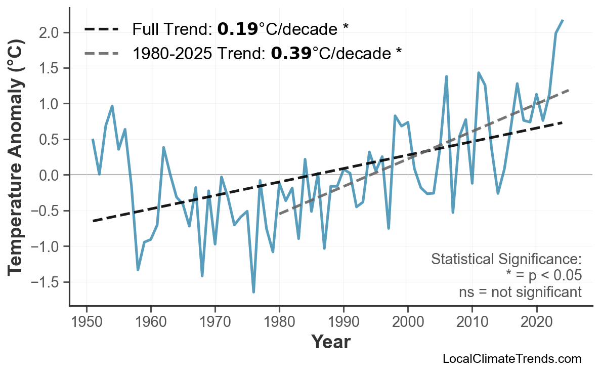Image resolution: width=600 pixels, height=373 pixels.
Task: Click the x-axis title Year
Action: (330, 343)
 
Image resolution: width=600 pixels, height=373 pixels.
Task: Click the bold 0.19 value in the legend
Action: (237, 29)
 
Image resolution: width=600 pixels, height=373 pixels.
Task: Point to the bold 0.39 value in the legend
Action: (291, 53)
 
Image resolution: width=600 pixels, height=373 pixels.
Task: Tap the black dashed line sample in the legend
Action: (102, 29)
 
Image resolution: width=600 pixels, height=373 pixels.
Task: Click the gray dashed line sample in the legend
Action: (102, 53)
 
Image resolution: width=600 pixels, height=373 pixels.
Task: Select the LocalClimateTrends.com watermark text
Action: (511, 359)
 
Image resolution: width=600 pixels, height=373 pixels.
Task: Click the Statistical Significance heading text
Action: (506, 260)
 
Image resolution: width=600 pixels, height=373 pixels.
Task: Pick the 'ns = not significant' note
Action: (520, 292)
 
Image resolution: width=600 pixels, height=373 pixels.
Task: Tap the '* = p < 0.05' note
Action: (543, 276)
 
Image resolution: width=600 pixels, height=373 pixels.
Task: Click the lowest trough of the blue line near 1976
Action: (253, 292)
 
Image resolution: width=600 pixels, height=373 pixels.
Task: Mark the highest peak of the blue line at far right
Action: (563, 20)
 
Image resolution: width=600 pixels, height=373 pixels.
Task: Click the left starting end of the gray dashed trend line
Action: (280, 214)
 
